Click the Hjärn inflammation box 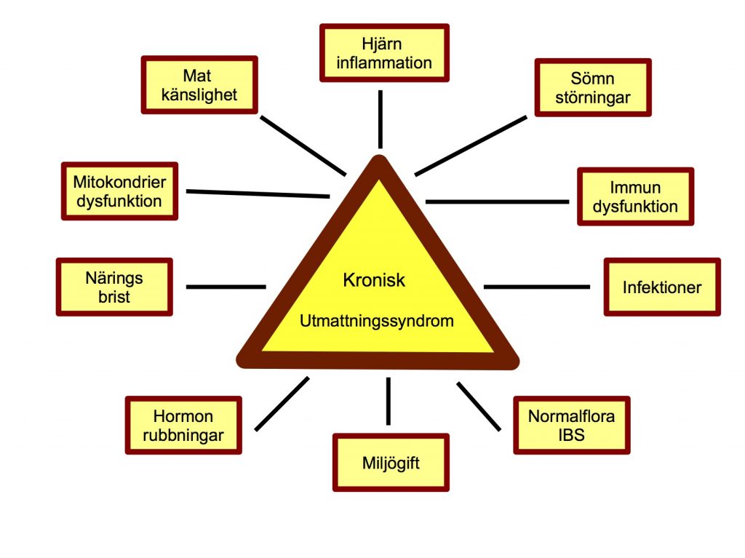384,52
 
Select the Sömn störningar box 593,87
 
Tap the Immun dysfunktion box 635,196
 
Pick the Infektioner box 662,287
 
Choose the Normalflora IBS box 571,426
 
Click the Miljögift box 391,463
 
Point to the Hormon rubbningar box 183,426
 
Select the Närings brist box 114,287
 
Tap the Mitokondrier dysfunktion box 119,191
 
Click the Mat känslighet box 200,86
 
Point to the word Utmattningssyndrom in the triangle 377,320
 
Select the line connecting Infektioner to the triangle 537,287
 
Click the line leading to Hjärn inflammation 380,119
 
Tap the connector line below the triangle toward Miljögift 389,401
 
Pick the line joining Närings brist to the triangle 226,287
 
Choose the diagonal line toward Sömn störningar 471,146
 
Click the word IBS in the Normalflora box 571,436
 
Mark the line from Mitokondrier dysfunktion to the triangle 258,194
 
